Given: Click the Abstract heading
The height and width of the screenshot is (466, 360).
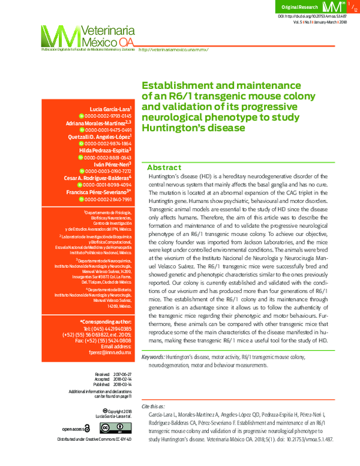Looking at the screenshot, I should (x=164, y=167).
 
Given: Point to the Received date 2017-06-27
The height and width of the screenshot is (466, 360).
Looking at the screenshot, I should (x=121, y=374).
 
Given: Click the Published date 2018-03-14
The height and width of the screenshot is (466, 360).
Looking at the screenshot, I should (x=121, y=384).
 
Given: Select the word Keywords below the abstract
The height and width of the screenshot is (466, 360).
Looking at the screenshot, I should (x=152, y=357).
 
